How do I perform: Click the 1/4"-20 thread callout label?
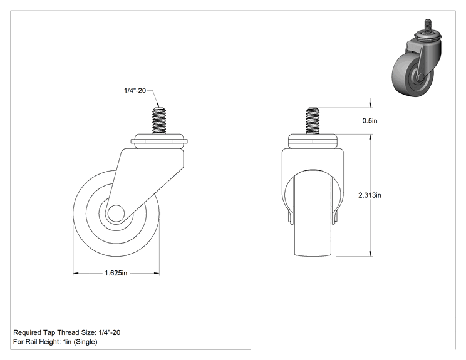coord(135,91)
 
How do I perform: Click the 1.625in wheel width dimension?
coord(116,273)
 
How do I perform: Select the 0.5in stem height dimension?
coord(370,121)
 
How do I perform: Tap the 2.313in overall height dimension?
coord(370,195)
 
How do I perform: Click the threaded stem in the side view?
coord(159,121)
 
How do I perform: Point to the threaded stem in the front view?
coord(313,121)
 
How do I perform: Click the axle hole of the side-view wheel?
coord(116,213)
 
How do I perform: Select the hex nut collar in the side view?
coord(159,141)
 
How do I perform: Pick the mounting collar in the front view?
coord(313,141)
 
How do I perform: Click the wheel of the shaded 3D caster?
coord(404,75)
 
